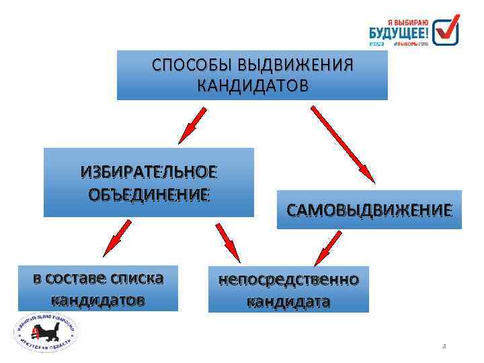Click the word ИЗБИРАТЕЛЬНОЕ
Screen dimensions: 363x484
click(x=149, y=172)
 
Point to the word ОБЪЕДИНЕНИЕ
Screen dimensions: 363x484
click(x=149, y=194)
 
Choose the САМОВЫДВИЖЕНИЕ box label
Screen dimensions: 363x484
click(x=369, y=210)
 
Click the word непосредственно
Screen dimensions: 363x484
click(x=288, y=279)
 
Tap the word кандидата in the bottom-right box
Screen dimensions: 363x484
click(x=288, y=300)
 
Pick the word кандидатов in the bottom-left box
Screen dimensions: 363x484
click(x=97, y=298)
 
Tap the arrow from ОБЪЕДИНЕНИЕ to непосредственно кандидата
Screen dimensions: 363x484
click(x=227, y=241)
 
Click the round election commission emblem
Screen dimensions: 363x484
click(x=46, y=335)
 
